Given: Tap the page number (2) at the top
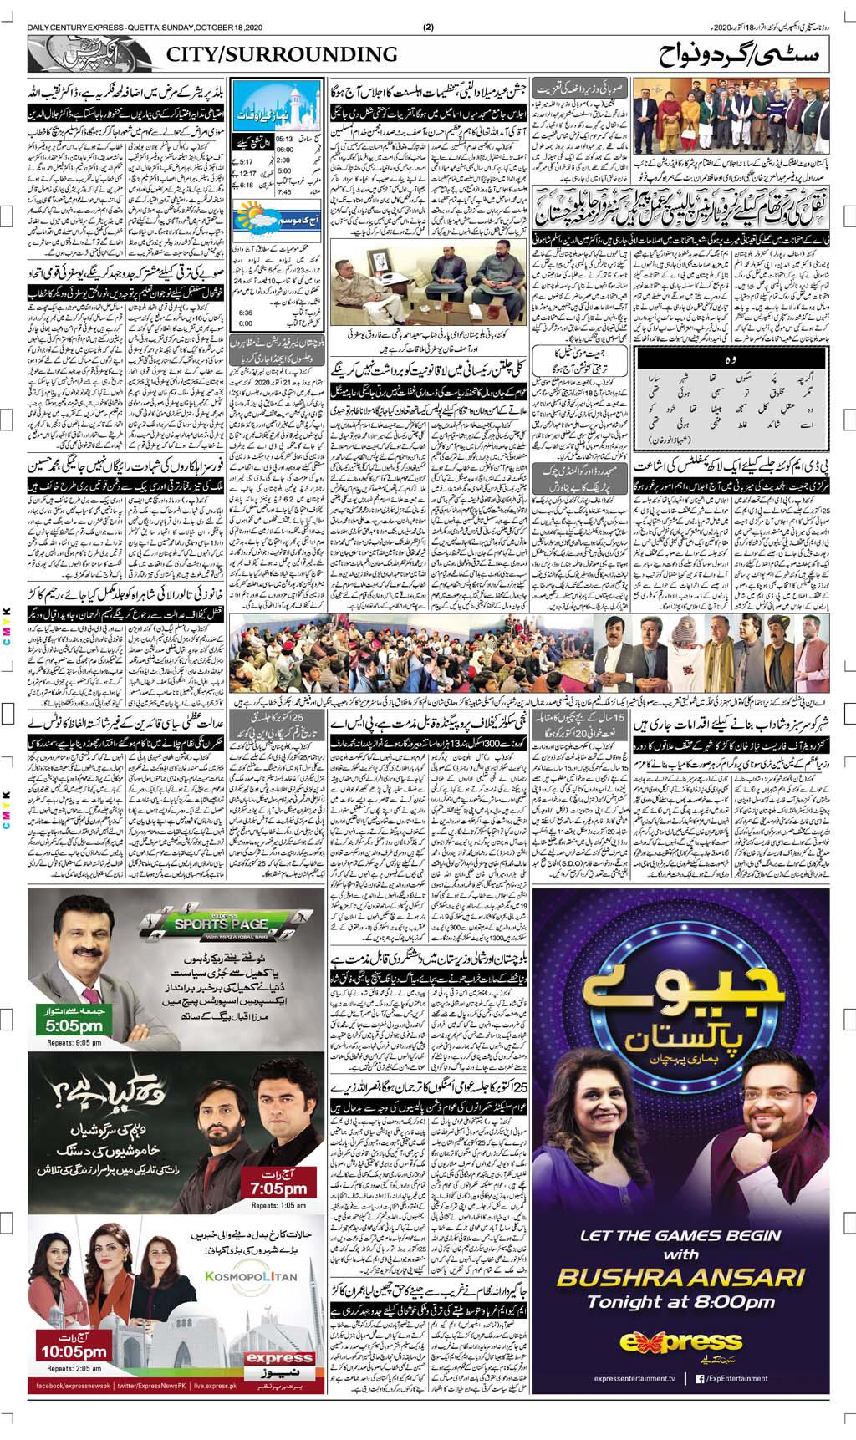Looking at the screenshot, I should pos(428,26).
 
